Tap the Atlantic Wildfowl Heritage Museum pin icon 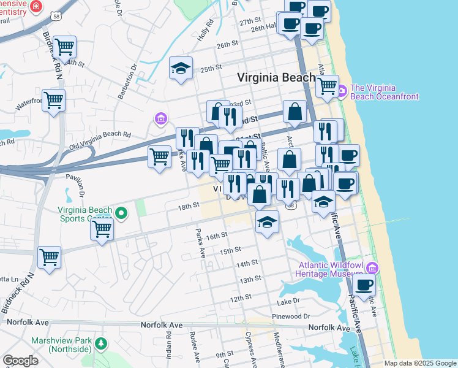(372, 267)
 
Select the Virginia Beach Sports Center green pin (122, 213)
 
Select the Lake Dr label (288, 301)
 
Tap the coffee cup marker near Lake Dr (364, 285)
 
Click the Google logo (20, 361)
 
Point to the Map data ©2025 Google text (420, 363)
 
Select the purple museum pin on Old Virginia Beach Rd (160, 118)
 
